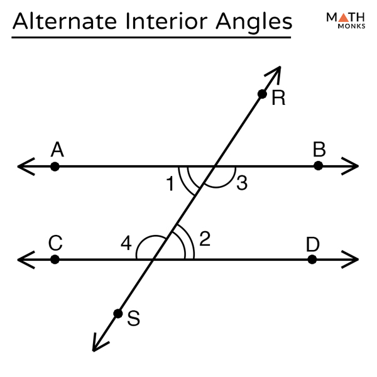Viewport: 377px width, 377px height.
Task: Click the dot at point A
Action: [x=55, y=167]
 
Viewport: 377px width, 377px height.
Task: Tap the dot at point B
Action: [x=318, y=166]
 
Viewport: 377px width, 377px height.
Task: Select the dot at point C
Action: [x=55, y=259]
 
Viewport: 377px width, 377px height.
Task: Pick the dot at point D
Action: [x=312, y=259]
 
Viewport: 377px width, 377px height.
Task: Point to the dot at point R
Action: [x=262, y=94]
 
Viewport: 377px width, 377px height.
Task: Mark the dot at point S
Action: [x=117, y=313]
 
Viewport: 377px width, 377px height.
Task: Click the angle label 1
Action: [x=170, y=183]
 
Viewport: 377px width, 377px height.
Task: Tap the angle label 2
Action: [x=205, y=238]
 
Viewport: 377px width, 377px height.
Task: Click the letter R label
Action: [x=278, y=98]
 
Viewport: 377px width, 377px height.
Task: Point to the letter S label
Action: [x=133, y=319]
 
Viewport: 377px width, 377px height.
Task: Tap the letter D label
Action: [x=312, y=243]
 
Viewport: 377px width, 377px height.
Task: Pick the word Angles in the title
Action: [x=257, y=23]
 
